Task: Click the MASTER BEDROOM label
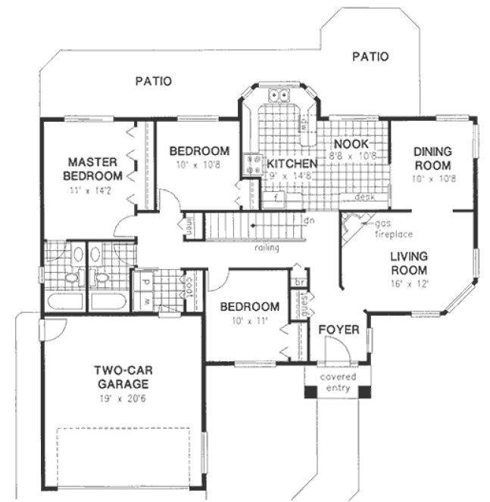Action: pos(94,169)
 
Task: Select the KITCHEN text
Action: pos(291,163)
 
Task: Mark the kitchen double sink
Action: pos(278,96)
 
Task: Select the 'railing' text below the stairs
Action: pos(267,247)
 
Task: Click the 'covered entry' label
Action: pos(338,383)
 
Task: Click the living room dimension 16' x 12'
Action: pos(409,284)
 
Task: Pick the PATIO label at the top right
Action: pos(370,56)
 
